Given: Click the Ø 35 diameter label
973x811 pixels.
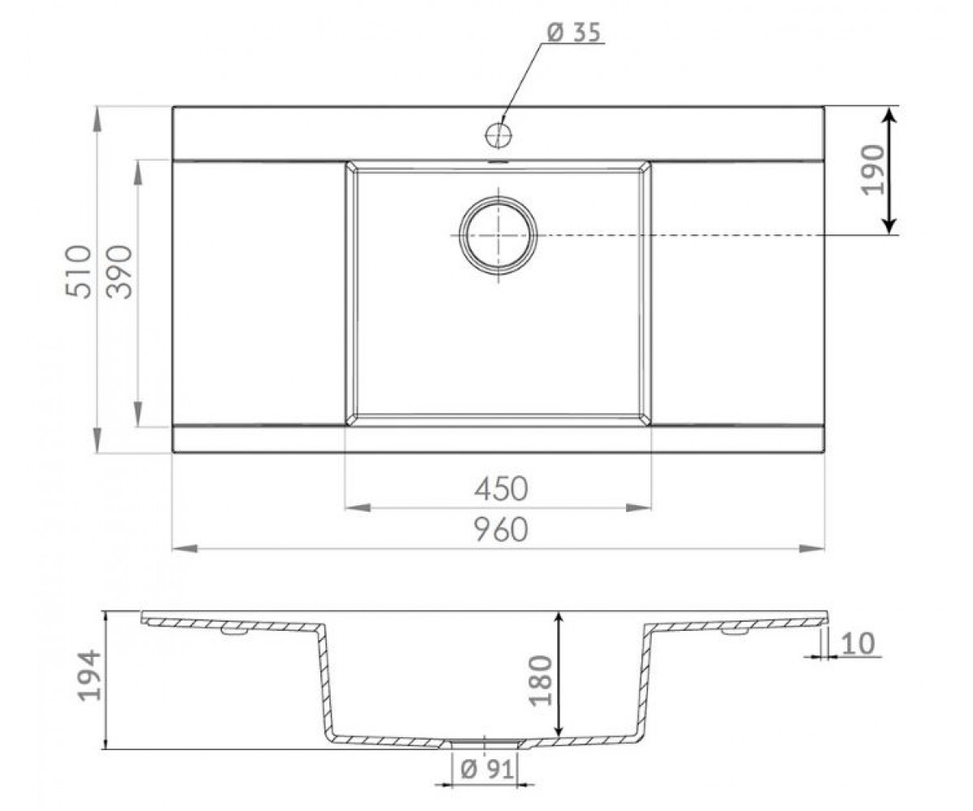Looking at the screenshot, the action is click(x=574, y=33).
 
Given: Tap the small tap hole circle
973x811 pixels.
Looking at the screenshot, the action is click(x=498, y=135).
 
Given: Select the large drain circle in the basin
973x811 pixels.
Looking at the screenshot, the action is click(x=498, y=235).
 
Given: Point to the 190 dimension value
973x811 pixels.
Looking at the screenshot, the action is click(x=872, y=169).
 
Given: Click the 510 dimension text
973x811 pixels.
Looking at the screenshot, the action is click(x=79, y=272).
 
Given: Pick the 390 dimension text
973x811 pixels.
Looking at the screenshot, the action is click(x=119, y=272).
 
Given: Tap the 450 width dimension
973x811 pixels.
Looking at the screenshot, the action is click(x=501, y=489).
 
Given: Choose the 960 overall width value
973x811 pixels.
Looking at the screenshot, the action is click(x=501, y=530).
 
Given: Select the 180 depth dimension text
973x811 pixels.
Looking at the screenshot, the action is click(x=541, y=680).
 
